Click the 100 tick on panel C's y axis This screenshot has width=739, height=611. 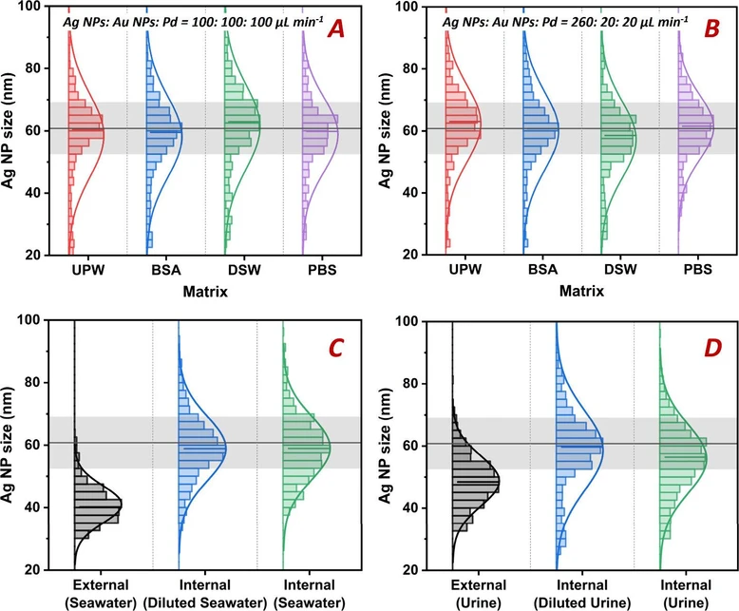point(40,320)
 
